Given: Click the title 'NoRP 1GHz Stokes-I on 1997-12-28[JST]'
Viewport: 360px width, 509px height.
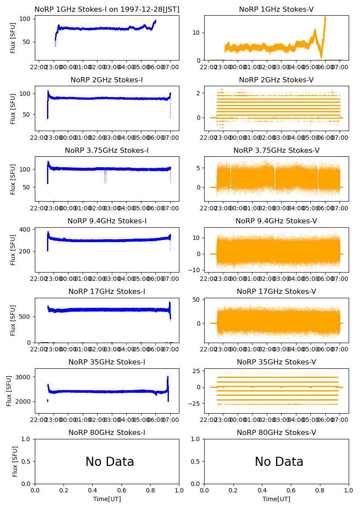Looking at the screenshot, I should [x=107, y=9].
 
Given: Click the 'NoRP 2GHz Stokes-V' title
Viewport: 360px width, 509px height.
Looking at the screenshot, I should [x=276, y=80].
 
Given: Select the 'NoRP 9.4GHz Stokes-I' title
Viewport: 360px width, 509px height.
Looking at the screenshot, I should [x=107, y=221].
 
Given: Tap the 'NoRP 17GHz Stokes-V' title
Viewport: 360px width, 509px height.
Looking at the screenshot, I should [x=276, y=291].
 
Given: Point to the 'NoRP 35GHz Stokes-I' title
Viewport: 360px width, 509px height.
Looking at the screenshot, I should [x=107, y=362].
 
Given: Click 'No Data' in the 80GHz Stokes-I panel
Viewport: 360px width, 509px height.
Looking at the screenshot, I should [x=110, y=462].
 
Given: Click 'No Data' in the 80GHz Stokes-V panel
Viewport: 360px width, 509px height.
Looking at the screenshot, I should [x=279, y=462].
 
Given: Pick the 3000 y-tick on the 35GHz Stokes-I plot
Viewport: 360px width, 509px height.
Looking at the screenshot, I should [x=24, y=377].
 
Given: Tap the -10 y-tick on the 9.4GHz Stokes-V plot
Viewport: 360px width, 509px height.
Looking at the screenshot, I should [x=194, y=270].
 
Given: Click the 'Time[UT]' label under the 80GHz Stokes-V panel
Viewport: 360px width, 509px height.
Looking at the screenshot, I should [x=276, y=499].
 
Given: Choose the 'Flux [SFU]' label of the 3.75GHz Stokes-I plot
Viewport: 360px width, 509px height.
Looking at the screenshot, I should [x=13, y=179].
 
